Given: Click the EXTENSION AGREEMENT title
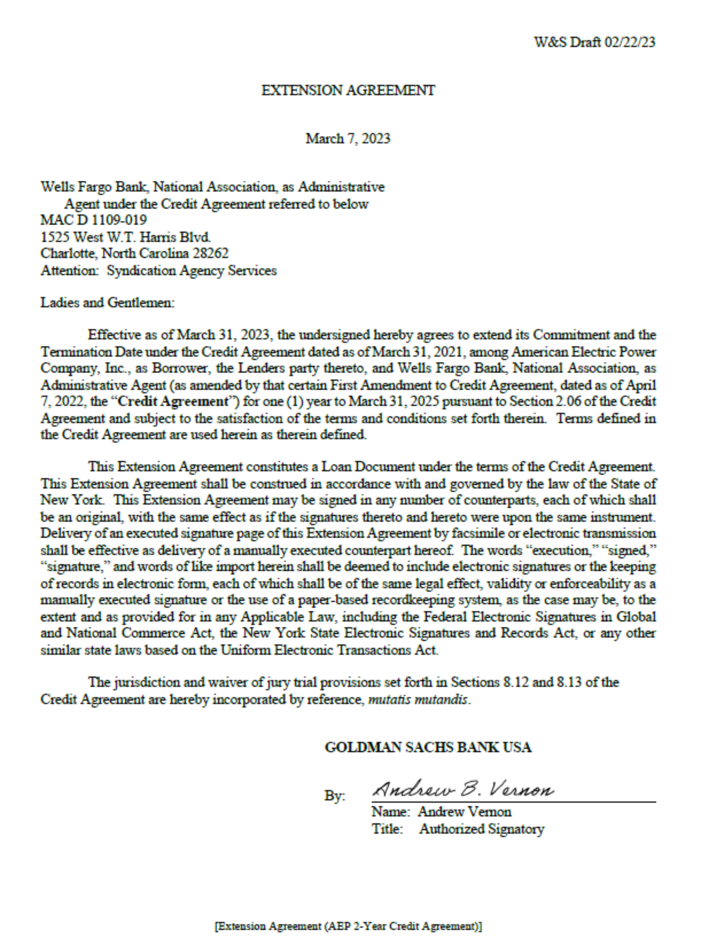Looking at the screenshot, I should pyautogui.click(x=348, y=91).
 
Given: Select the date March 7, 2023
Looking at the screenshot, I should pyautogui.click(x=348, y=139).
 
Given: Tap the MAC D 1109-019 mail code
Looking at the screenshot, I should pyautogui.click(x=93, y=220).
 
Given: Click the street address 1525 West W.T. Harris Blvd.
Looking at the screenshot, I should pyautogui.click(x=125, y=237).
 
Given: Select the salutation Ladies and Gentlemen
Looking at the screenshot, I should pyautogui.click(x=107, y=303).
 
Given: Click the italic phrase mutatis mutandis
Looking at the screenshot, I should pyautogui.click(x=418, y=700).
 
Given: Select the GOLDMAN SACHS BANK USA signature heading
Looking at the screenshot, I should pyautogui.click(x=428, y=747).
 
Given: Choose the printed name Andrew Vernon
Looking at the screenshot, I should pyautogui.click(x=464, y=812).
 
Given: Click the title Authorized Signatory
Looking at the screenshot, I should pyautogui.click(x=481, y=829).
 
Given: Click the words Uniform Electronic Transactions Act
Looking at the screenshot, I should pyautogui.click(x=329, y=650).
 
